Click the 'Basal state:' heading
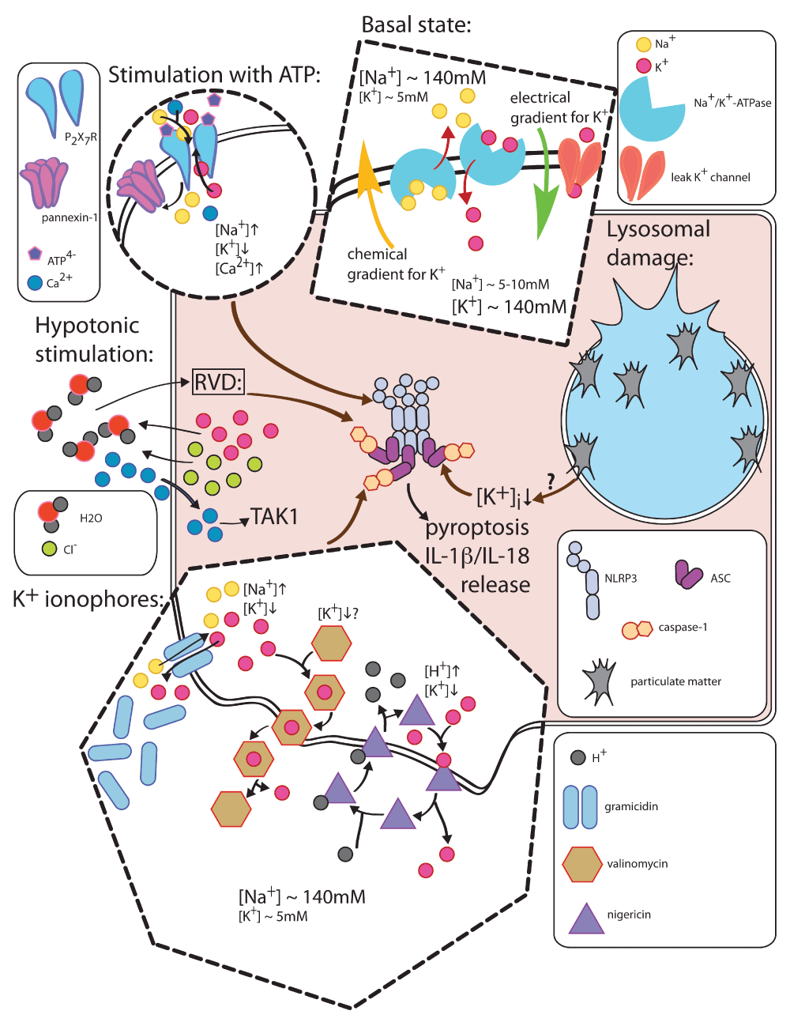point(416,25)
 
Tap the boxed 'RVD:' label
point(218,383)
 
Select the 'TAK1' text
point(274,517)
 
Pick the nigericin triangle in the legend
point(586,919)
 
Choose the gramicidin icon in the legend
point(581,807)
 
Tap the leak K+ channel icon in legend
point(641,173)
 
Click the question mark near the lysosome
point(551,480)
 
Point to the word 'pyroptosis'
point(476,527)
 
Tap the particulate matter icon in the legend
point(599,681)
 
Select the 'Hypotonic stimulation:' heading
point(93,339)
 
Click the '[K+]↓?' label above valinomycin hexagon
point(337,613)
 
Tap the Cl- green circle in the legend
point(49,548)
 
